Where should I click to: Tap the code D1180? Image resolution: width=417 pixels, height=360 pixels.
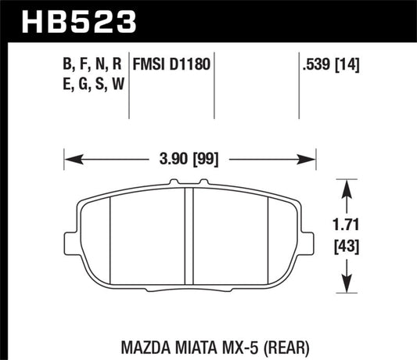(x=193, y=64)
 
